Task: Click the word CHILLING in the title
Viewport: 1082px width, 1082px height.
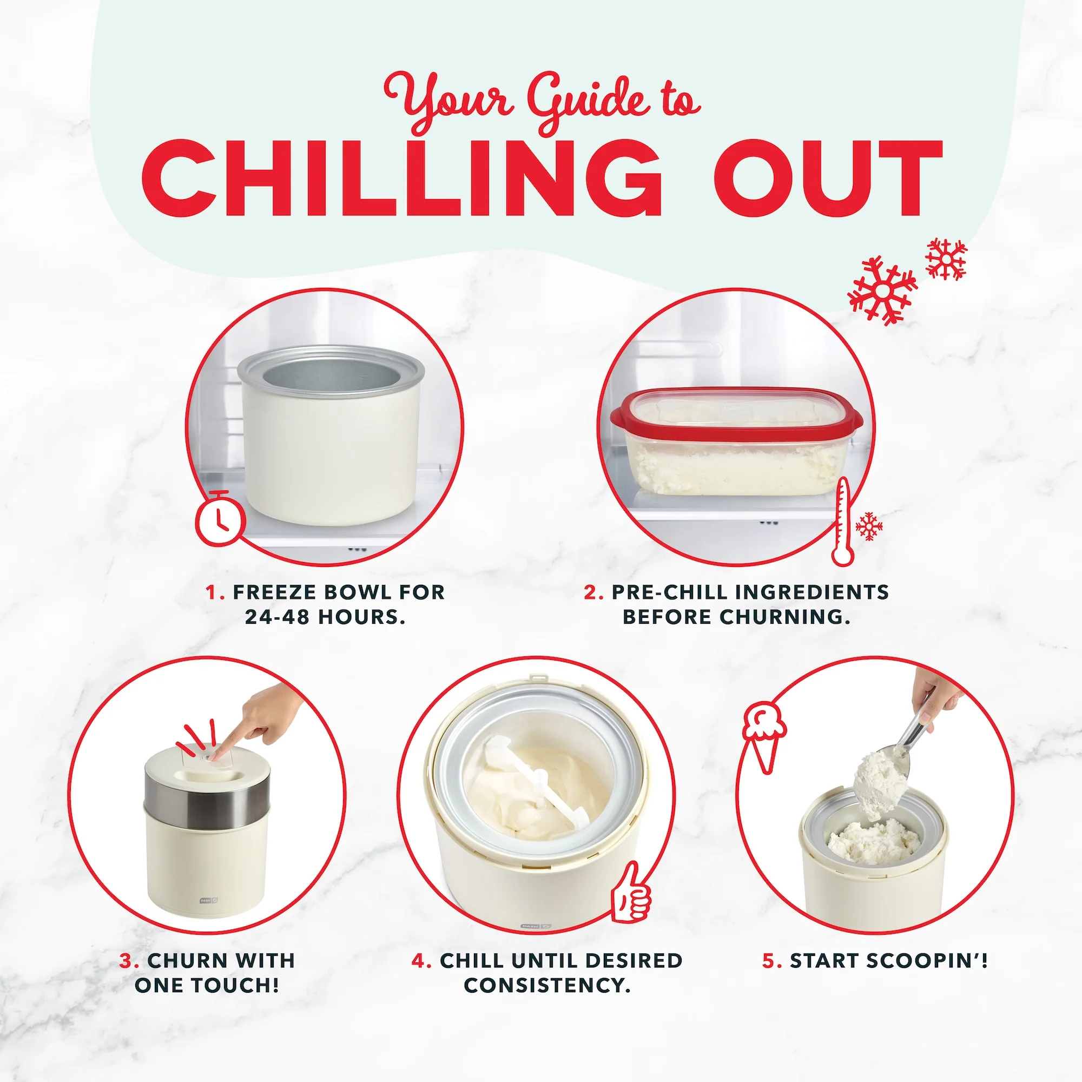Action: click(401, 177)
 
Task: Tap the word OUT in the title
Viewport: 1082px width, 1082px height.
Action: click(828, 177)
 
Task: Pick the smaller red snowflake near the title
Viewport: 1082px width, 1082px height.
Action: click(946, 259)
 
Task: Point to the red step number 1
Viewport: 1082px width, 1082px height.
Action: click(213, 592)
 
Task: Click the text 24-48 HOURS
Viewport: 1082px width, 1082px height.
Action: click(325, 617)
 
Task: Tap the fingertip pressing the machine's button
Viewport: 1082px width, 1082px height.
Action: click(220, 754)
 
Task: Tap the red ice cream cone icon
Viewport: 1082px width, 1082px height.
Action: click(764, 738)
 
